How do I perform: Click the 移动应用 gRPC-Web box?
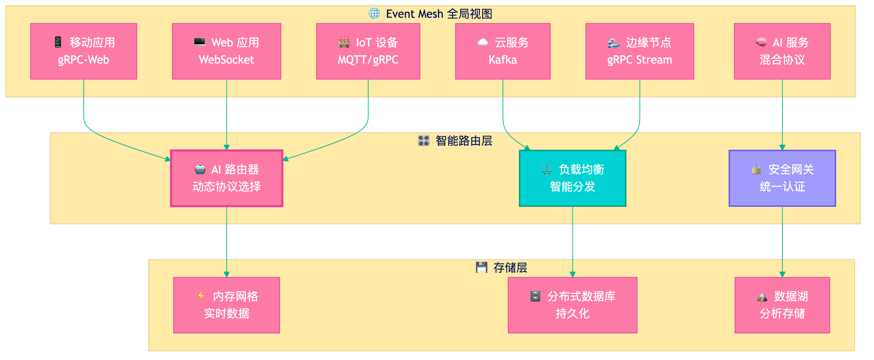click(x=83, y=51)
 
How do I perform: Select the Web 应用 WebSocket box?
click(x=226, y=51)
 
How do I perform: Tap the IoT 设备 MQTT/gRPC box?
click(x=368, y=51)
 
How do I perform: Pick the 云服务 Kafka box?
click(x=503, y=51)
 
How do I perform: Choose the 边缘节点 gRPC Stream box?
click(x=639, y=51)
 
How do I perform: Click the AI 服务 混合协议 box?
click(x=782, y=51)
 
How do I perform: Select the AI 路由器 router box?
click(x=226, y=178)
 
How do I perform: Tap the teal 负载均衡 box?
click(x=572, y=178)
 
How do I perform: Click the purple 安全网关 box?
click(x=782, y=178)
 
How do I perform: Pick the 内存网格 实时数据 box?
click(x=226, y=305)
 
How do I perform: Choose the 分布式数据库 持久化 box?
click(x=572, y=305)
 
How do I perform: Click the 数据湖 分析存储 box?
click(x=782, y=305)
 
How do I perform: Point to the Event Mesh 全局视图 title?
click(x=439, y=14)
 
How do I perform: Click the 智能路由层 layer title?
click(x=463, y=140)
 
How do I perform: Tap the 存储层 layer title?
click(x=510, y=268)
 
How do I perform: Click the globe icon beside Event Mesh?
click(x=374, y=14)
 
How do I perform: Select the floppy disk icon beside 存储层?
click(x=481, y=267)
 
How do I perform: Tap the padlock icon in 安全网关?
click(x=756, y=169)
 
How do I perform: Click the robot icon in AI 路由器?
click(x=200, y=169)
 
